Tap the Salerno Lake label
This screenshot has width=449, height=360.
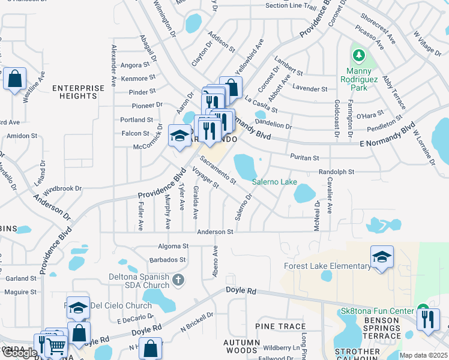[274, 182]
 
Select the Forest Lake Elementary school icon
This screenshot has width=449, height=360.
[382, 257]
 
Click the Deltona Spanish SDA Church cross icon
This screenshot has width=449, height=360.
[178, 280]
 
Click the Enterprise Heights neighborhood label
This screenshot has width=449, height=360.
[78, 92]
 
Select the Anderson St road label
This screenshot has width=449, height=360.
[215, 232]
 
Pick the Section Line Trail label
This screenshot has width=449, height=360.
[291, 7]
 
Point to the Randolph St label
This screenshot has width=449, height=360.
[336, 172]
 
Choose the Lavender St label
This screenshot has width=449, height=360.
[310, 89]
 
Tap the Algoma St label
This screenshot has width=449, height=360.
[173, 246]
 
